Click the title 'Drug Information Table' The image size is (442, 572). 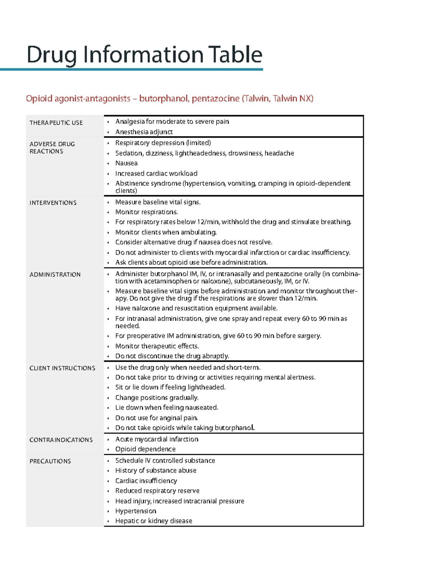coord(144,55)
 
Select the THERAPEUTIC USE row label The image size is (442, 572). coord(56,123)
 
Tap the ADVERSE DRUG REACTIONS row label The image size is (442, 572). coord(52,148)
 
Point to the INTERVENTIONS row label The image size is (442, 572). coord(53,203)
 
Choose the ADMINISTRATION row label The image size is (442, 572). coord(55,275)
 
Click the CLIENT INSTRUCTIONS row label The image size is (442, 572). coord(62,368)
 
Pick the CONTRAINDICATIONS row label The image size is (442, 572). coord(61,440)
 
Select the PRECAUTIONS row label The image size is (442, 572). coord(50,461)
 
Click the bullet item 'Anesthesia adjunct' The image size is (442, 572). coord(144,132)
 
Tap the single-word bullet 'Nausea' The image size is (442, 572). coord(126,163)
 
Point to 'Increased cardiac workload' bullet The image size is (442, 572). coord(156,173)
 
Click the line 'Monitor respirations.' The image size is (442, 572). coord(146,212)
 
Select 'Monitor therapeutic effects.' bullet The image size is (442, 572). coord(157,346)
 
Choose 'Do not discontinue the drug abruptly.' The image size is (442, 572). coord(172,356)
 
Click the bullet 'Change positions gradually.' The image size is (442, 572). coord(157,398)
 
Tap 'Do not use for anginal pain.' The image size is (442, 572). coord(157,418)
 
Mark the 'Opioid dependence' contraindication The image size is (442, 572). coord(145,449)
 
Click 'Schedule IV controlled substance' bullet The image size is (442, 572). coord(165,461)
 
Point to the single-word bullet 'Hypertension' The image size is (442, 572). coord(136,511)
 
